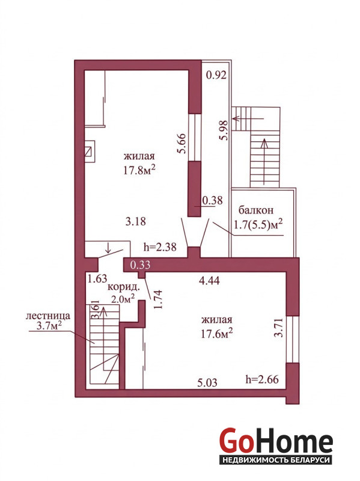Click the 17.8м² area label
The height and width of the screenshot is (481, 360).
coord(138,170)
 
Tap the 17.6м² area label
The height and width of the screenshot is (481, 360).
coord(216,333)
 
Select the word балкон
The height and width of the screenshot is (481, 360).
coord(256,210)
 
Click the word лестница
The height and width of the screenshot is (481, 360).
coord(48,316)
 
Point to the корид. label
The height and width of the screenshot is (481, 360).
coord(124,287)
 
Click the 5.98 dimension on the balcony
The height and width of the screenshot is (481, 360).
coord(224,130)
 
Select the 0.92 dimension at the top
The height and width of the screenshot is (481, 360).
coord(216,75)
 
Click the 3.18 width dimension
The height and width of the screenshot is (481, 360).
coord(136,221)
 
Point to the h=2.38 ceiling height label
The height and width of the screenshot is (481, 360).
coord(160,247)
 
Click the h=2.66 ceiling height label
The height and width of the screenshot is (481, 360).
coord(262,379)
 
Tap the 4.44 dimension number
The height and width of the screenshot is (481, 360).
coord(209,280)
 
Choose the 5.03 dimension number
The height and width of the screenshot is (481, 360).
coord(207,382)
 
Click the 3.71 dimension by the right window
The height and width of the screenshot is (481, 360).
coord(279,328)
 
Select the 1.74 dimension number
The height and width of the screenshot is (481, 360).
coord(157,299)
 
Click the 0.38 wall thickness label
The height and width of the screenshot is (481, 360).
coord(213,200)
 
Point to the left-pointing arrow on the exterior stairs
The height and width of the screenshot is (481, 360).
coord(248,118)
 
